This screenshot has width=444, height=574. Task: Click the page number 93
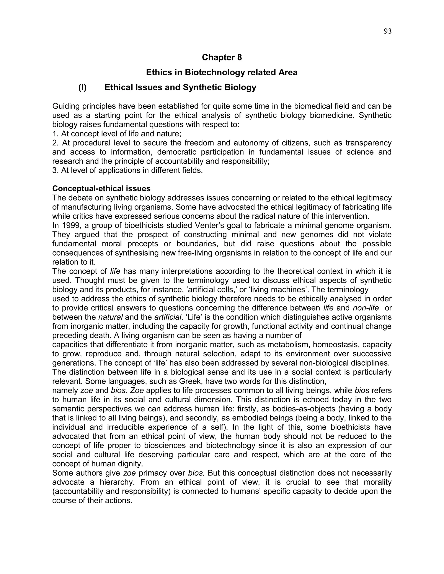[x=387, y=31]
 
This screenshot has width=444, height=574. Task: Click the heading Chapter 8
[x=222, y=57]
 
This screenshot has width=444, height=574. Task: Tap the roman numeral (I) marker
[x=82, y=87]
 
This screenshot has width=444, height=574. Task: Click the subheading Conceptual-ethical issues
[x=101, y=188]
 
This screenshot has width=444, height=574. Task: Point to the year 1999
[x=70, y=225]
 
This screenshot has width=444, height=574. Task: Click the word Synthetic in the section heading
[x=202, y=87]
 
